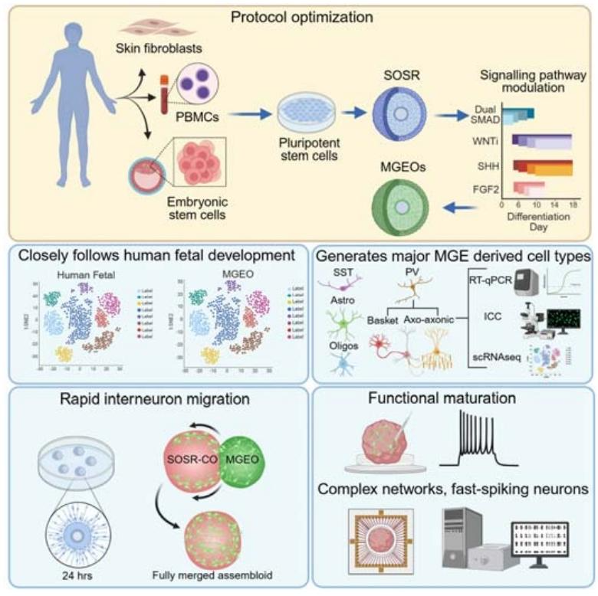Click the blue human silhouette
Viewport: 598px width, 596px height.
73,115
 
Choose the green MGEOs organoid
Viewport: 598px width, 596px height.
399,205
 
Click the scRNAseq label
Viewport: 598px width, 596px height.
491,358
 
